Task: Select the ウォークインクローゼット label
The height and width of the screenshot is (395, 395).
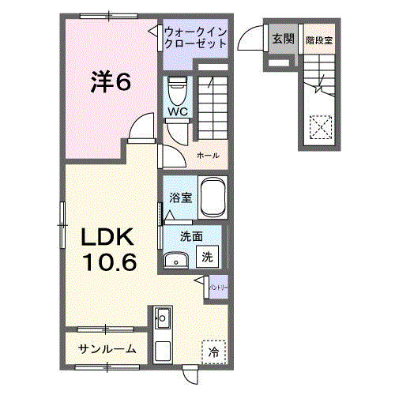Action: [x=196, y=37]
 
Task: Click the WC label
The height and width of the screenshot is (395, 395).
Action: [x=176, y=111]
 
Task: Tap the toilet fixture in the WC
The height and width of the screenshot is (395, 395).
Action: [x=177, y=88]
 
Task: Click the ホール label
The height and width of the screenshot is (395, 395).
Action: [x=208, y=155]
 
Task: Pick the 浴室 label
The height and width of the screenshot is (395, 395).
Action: [x=180, y=199]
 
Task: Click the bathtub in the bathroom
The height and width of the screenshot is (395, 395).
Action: [x=213, y=198]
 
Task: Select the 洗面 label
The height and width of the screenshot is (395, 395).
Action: [x=190, y=235]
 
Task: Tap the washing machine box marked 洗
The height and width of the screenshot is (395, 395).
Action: [x=207, y=257]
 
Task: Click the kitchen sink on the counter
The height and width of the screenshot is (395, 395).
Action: [x=164, y=319]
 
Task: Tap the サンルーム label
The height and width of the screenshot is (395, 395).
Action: [x=106, y=348]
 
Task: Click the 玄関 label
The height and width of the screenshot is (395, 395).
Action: [x=282, y=38]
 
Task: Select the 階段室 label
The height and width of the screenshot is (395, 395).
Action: [x=318, y=38]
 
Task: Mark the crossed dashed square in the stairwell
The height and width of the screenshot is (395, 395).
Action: [x=320, y=126]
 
